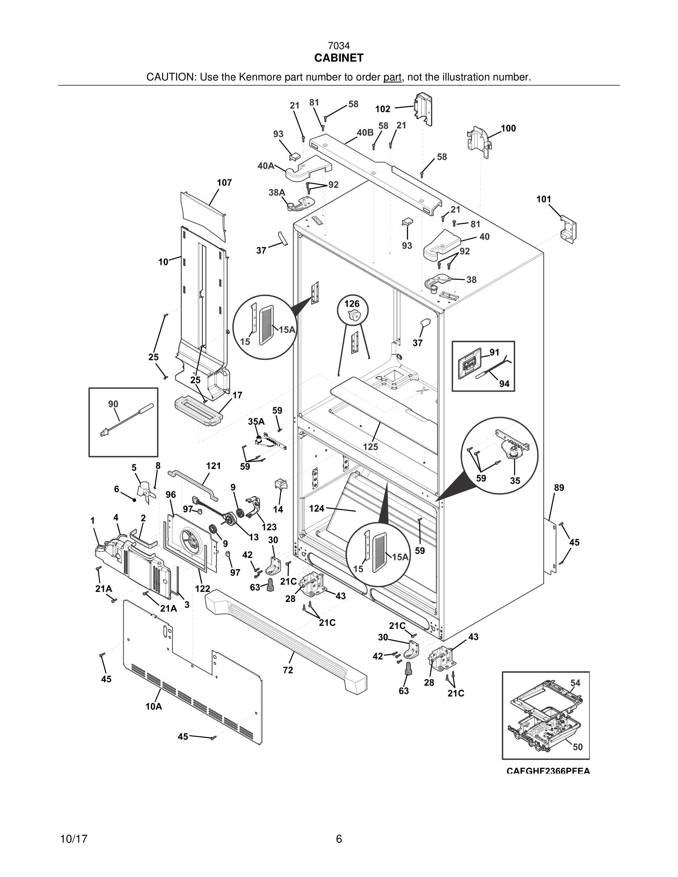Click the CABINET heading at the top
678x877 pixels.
[x=339, y=58]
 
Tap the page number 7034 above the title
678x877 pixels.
[x=339, y=46]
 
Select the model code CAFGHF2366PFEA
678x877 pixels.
[x=548, y=771]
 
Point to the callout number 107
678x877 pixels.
[x=224, y=183]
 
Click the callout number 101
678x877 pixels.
[x=544, y=200]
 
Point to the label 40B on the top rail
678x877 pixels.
[x=365, y=133]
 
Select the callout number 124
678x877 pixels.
[x=316, y=508]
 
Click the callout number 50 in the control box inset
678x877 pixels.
[x=578, y=747]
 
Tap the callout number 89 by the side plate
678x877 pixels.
[x=559, y=488]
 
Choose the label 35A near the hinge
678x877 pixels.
[x=256, y=422]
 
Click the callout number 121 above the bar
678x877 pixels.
[x=213, y=466]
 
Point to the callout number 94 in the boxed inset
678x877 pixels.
[x=504, y=384]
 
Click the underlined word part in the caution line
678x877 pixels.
[x=392, y=77]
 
